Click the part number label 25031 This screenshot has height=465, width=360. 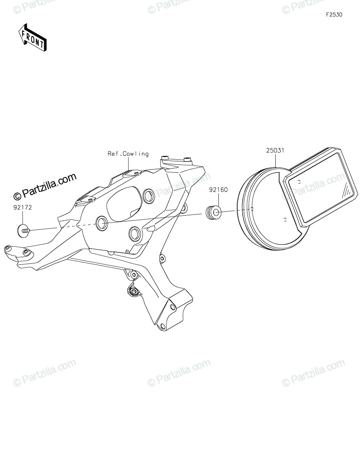click(x=275, y=151)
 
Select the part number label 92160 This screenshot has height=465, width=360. click(x=218, y=189)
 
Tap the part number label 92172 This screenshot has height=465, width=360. click(x=22, y=207)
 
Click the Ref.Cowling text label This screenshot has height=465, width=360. click(x=128, y=154)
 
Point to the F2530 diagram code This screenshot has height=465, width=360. click(x=334, y=15)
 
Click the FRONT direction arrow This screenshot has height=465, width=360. click(x=32, y=38)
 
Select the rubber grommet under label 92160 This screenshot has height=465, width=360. click(x=213, y=212)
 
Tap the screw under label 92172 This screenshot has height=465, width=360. click(x=24, y=231)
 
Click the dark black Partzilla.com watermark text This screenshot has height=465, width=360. click(x=45, y=187)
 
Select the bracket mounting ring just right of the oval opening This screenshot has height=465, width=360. click(x=149, y=196)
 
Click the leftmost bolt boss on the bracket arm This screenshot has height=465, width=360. click(x=8, y=248)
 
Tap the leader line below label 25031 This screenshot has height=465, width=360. click(x=275, y=161)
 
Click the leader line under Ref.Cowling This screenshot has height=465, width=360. click(x=128, y=164)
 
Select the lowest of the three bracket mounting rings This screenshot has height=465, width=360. click(x=135, y=234)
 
